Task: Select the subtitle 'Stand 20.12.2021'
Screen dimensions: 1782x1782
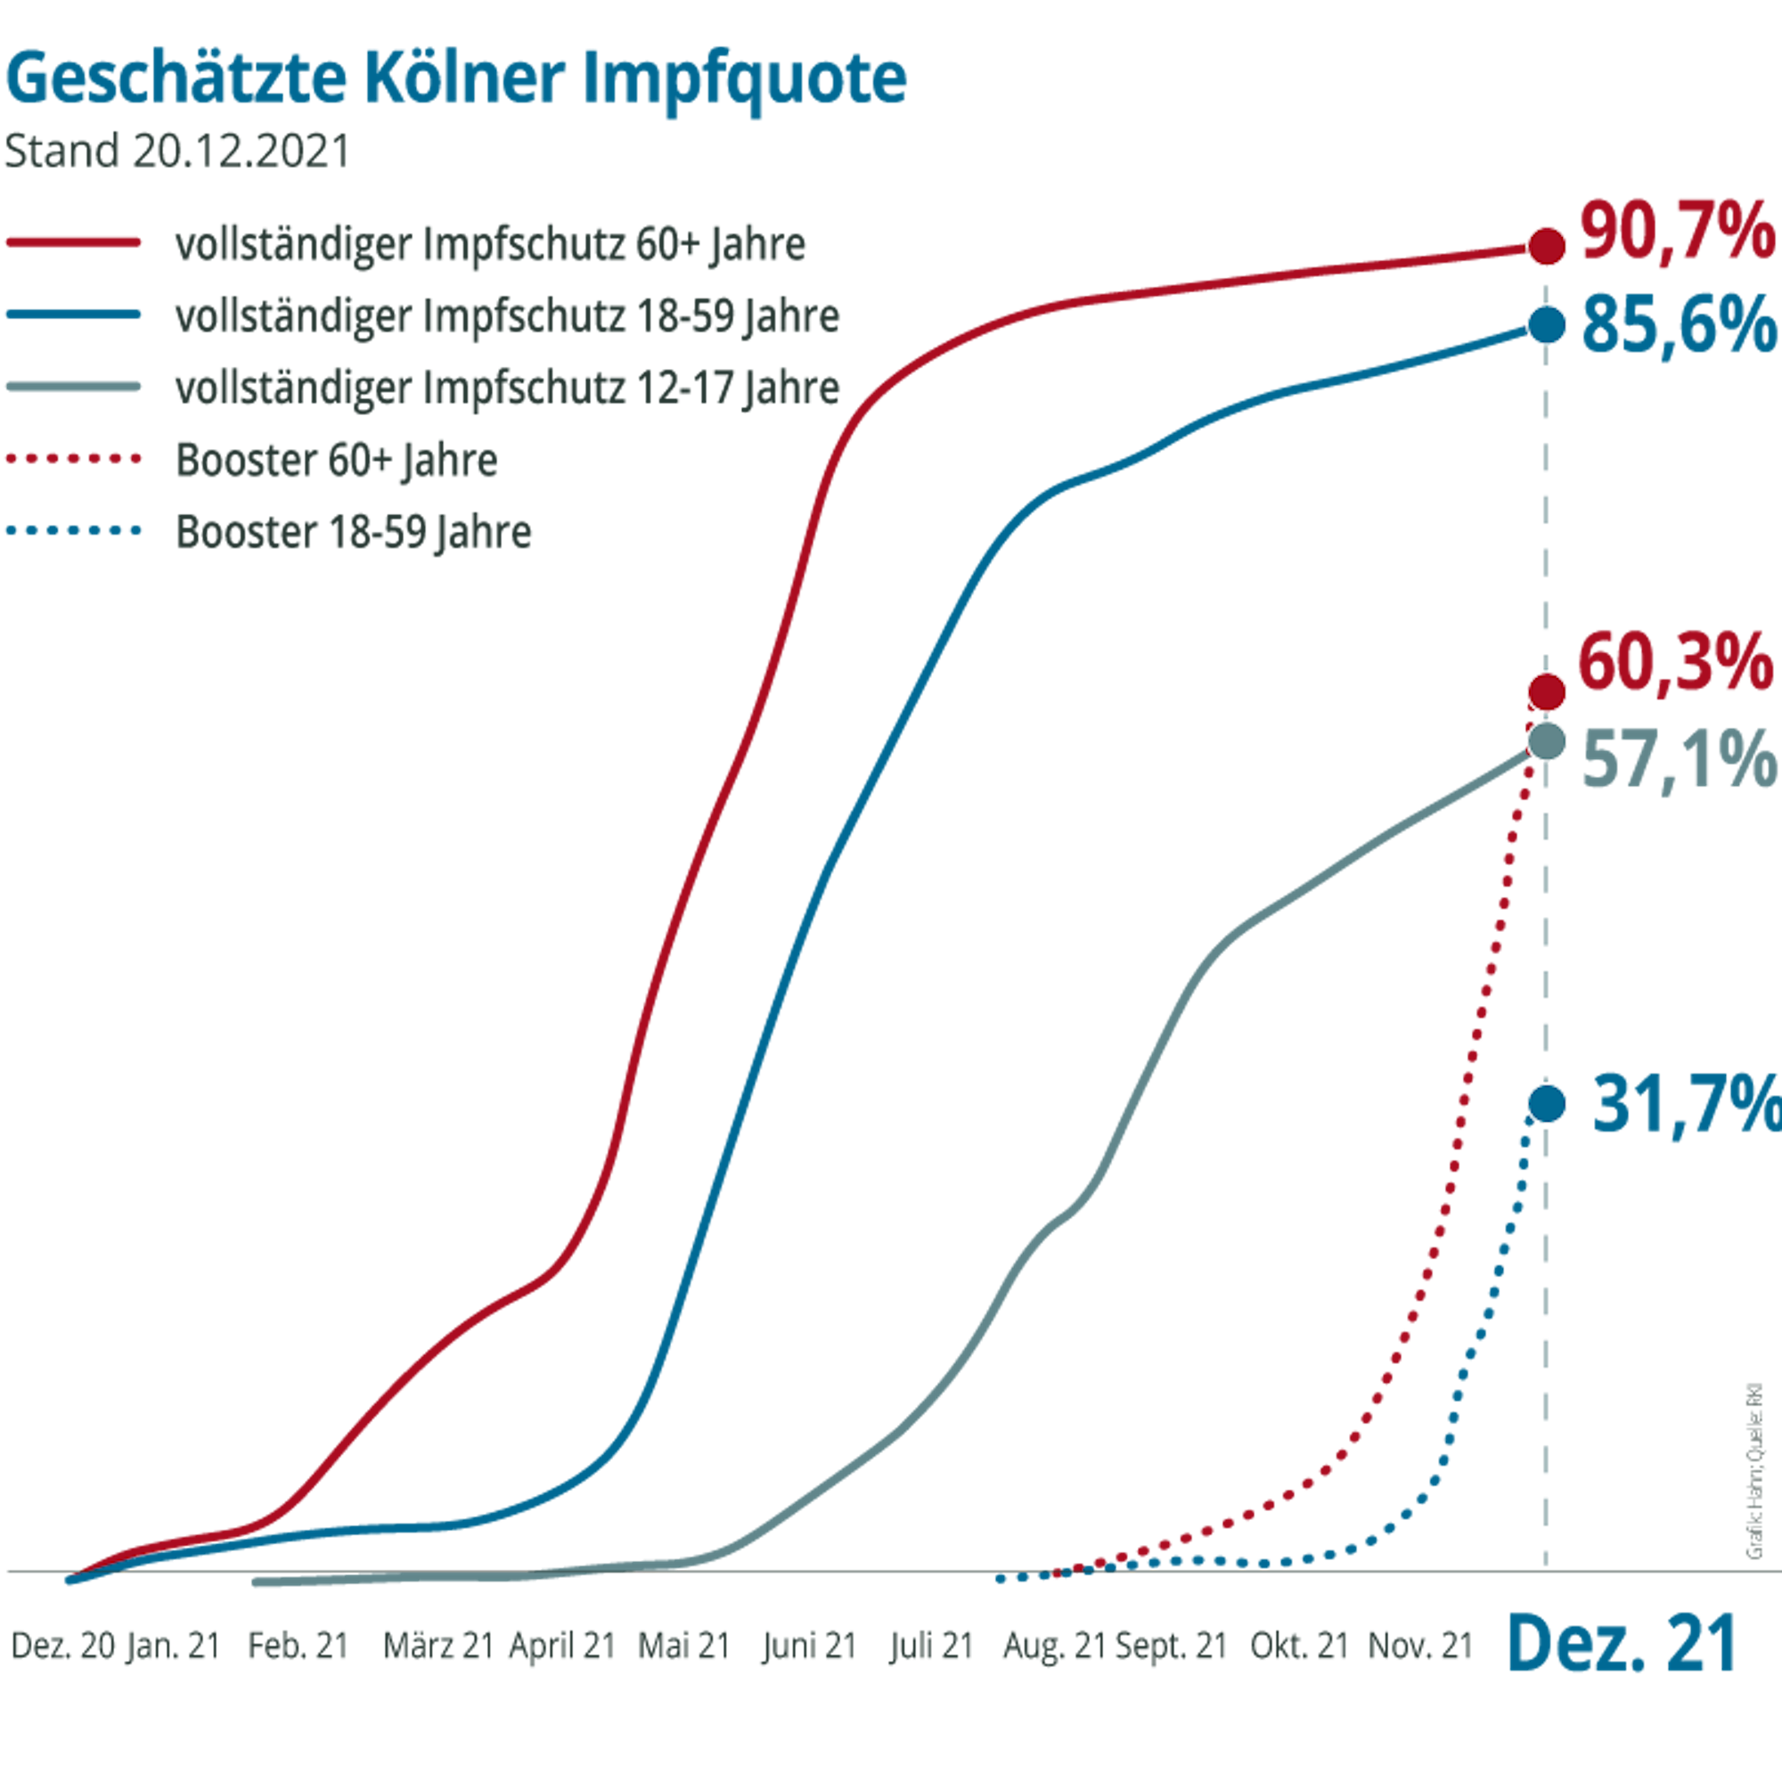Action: [x=176, y=151]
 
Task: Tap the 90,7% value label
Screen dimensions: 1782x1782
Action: [x=1677, y=233]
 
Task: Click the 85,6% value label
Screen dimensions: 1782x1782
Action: [x=1679, y=323]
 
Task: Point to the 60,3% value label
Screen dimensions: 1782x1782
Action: [x=1675, y=662]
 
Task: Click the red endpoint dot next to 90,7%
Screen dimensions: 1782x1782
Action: [x=1547, y=246]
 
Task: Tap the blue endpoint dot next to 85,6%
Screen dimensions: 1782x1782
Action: [x=1547, y=324]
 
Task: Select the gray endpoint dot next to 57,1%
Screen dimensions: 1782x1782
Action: [x=1547, y=740]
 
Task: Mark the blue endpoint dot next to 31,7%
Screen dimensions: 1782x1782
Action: [x=1547, y=1103]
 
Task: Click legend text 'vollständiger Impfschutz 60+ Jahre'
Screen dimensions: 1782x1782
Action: [x=490, y=244]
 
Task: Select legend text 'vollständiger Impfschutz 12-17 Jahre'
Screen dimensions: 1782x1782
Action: [x=507, y=388]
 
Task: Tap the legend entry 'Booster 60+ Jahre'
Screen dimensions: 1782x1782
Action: [x=337, y=460]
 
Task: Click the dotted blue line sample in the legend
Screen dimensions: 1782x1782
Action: [x=74, y=531]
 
